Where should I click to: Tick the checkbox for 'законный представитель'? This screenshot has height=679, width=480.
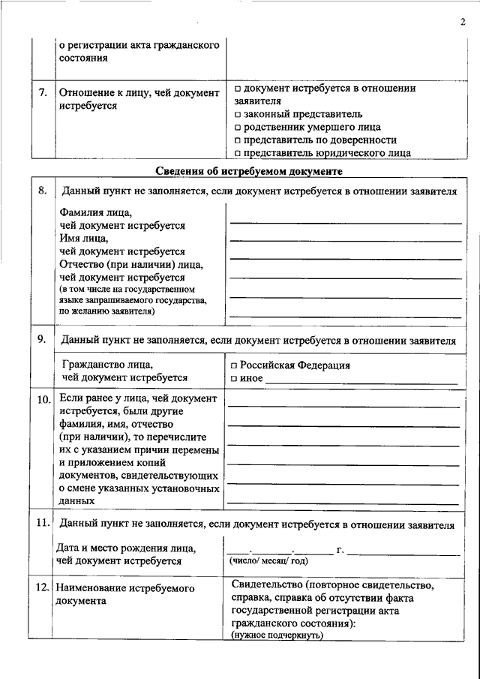(x=237, y=115)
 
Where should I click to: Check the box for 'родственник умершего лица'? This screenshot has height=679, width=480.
(x=237, y=128)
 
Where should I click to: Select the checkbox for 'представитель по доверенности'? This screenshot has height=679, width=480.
(x=237, y=140)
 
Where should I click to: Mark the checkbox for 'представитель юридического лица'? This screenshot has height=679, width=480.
(x=237, y=153)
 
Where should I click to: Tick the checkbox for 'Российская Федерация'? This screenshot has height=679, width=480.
(x=235, y=365)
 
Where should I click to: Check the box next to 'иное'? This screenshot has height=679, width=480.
(x=235, y=378)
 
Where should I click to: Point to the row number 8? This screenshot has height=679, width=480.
(x=43, y=191)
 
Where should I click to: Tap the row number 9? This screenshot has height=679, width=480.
(x=43, y=338)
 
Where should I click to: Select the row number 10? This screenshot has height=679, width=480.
(x=44, y=398)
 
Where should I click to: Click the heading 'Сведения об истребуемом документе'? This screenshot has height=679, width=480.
(x=250, y=171)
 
